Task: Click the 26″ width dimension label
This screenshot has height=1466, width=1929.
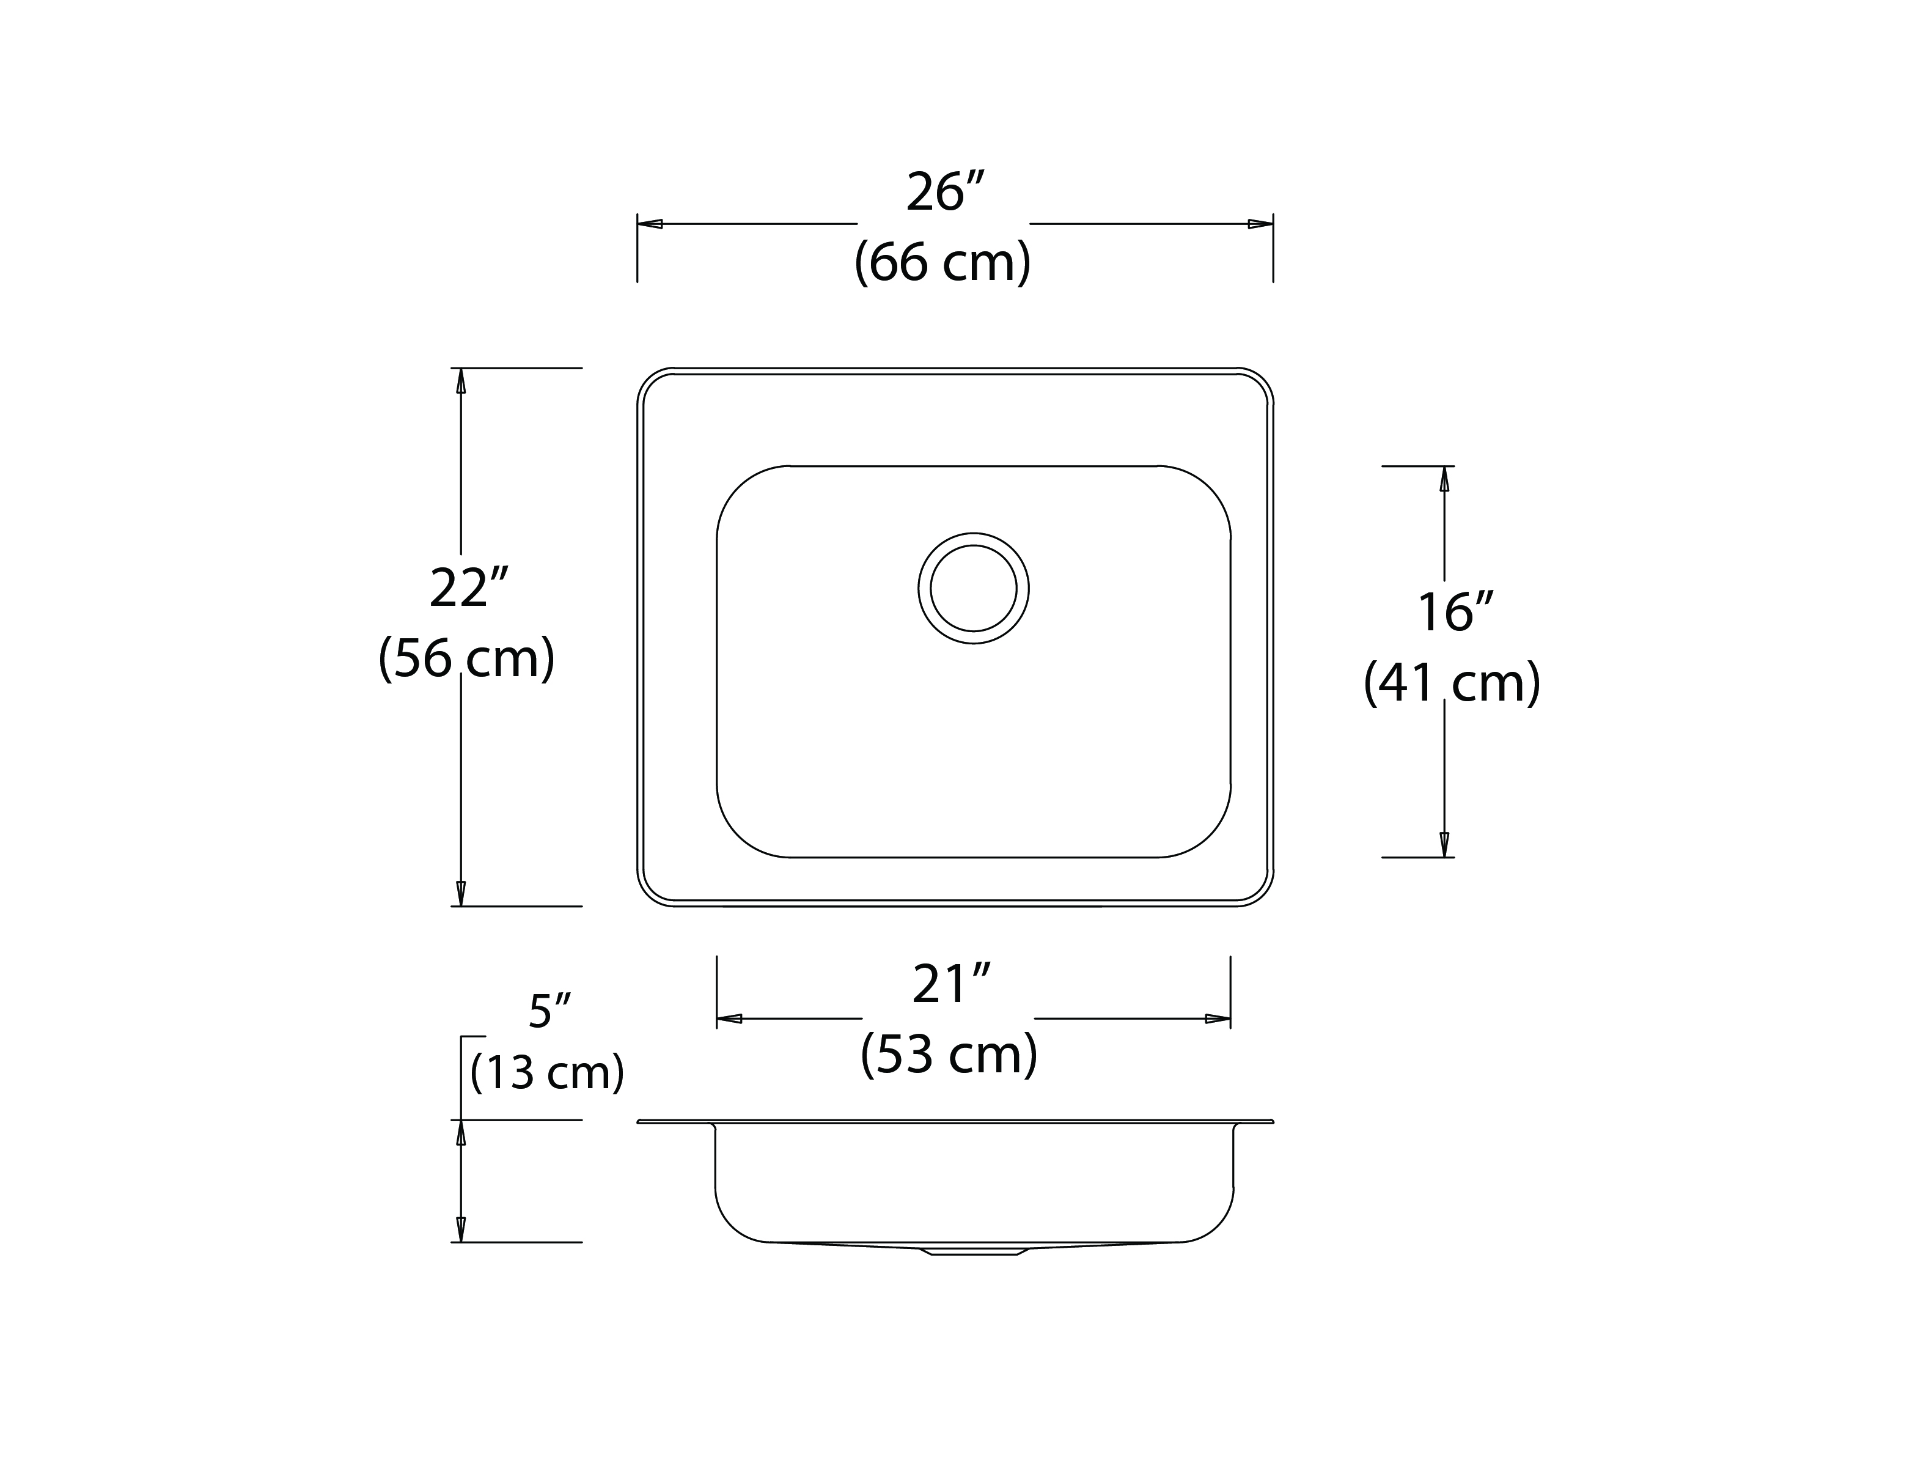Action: (945, 192)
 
